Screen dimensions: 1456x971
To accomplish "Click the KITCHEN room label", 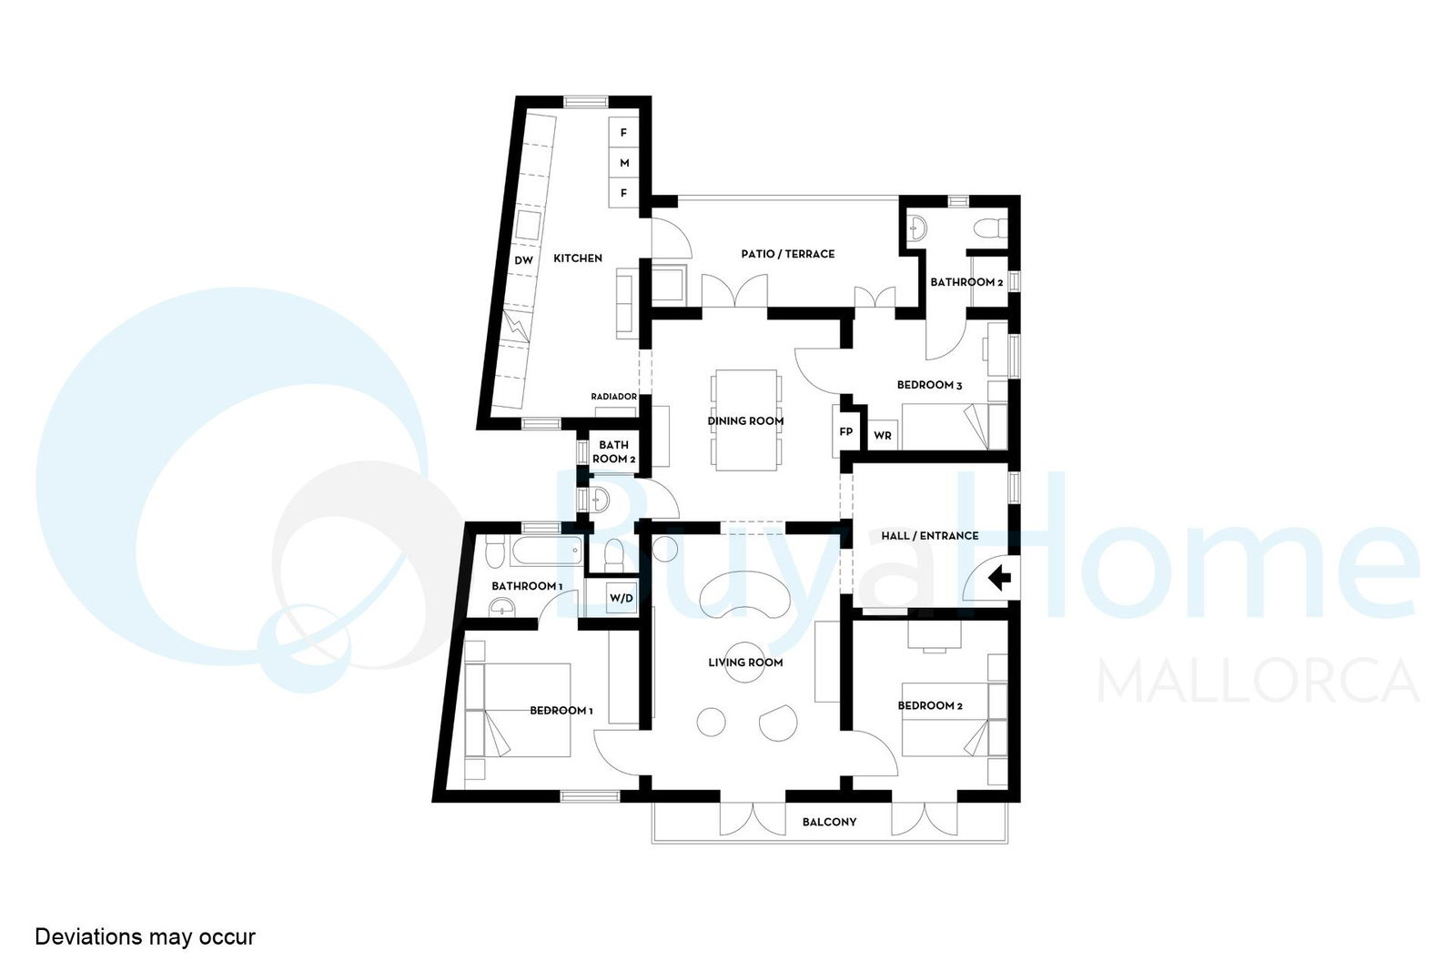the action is click(x=577, y=258).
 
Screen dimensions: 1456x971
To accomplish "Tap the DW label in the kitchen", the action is click(x=523, y=260).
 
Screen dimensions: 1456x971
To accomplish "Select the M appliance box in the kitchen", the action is click(x=624, y=163).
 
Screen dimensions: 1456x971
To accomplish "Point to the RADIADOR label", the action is click(x=613, y=397).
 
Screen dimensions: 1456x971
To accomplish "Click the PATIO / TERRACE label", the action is click(x=788, y=254).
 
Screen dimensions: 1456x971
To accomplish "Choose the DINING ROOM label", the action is click(x=745, y=421).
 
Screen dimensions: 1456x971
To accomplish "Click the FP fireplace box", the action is click(x=845, y=431).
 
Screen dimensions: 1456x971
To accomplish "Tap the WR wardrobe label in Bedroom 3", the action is click(x=882, y=436).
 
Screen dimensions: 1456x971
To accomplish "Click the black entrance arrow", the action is click(x=1000, y=578).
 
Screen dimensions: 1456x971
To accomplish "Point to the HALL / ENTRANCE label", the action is click(x=929, y=535).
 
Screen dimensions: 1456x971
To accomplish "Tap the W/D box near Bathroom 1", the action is click(x=620, y=598).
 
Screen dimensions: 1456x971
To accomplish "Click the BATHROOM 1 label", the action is click(x=527, y=585).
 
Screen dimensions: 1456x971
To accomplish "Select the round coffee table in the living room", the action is click(x=744, y=662).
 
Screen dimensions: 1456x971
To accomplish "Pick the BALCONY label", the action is click(x=829, y=822).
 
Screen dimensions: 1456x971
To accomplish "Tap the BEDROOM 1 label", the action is click(x=561, y=711).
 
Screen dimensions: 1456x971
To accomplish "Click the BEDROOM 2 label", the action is click(x=929, y=705).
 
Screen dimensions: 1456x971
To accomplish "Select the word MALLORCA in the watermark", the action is click(x=1257, y=680).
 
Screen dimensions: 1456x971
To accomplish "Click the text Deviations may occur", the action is click(x=145, y=936).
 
